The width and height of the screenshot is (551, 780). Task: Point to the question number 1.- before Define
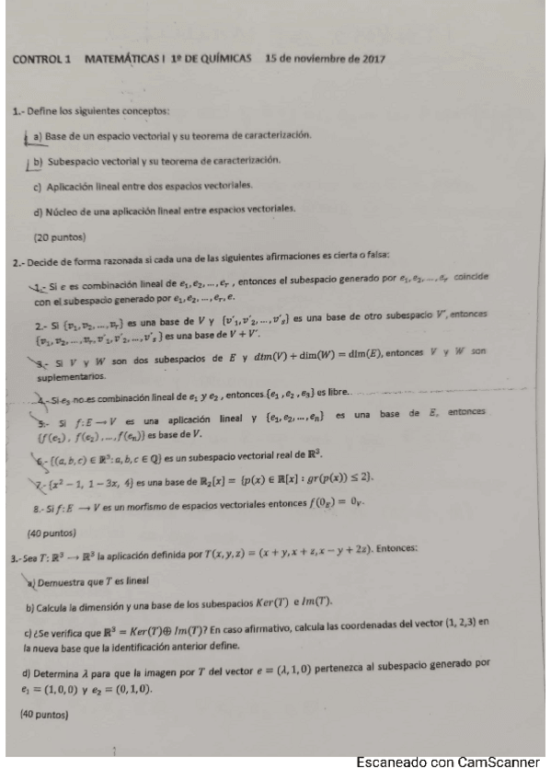[18, 111]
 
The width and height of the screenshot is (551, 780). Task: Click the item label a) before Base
[39, 136]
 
